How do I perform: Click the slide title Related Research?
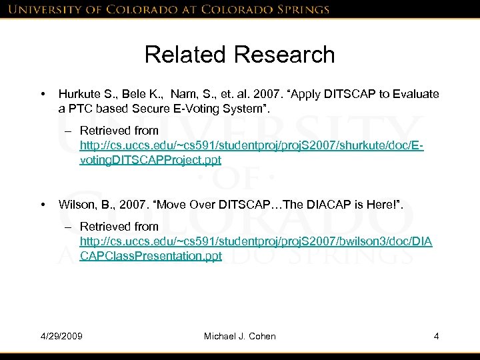coord(239,55)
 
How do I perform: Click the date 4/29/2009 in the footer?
coord(61,336)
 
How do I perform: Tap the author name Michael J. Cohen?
coord(239,336)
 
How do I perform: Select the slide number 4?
coord(436,336)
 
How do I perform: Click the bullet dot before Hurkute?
coord(42,95)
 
